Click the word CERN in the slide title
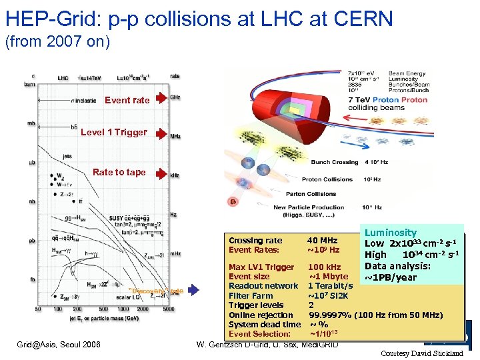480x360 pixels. pyautogui.click(x=360, y=19)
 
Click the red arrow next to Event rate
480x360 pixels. pyautogui.click(x=160, y=99)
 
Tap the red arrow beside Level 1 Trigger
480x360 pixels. pyautogui.click(x=160, y=131)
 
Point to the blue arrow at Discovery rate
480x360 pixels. pyautogui.click(x=193, y=290)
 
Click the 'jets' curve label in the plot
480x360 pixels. pyautogui.click(x=67, y=156)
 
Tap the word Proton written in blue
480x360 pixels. pyautogui.click(x=385, y=99)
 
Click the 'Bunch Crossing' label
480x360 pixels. pyautogui.click(x=335, y=162)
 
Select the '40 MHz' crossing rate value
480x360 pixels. pyautogui.click(x=322, y=241)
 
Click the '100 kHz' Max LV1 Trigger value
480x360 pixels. pyautogui.click(x=324, y=267)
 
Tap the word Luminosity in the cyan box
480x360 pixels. pyautogui.click(x=391, y=233)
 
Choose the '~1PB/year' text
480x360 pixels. pyautogui.click(x=391, y=277)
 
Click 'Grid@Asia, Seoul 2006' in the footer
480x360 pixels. pyautogui.click(x=59, y=344)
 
